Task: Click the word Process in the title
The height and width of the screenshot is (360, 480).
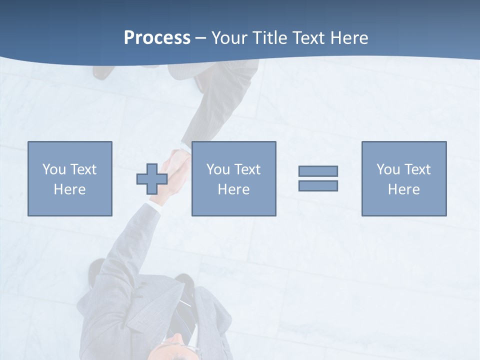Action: point(157,38)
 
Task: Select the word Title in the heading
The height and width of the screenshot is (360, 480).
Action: point(270,38)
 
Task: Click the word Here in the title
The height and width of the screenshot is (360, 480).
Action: point(349,38)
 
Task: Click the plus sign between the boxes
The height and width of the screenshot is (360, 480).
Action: point(152,178)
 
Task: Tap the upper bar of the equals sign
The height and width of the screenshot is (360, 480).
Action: point(318,171)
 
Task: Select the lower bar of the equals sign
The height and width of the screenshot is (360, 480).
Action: point(318,185)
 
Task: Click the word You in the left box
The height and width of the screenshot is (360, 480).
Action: point(54,169)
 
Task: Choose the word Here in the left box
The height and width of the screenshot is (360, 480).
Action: point(69,189)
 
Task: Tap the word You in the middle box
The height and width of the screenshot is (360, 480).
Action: point(218,169)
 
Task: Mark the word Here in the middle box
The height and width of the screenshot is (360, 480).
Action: point(233,189)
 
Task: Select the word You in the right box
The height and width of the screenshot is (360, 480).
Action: point(388,169)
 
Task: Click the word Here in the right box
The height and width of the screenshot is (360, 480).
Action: point(403,189)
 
